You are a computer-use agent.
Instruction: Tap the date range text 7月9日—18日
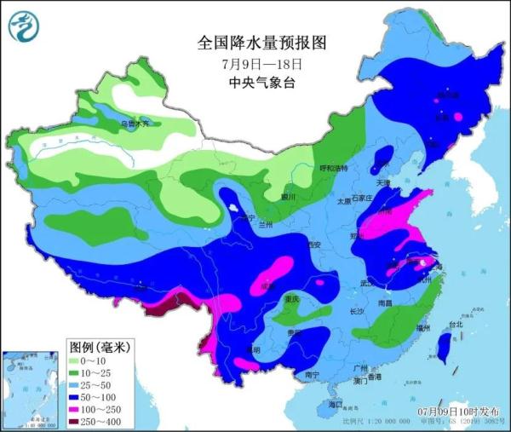[261, 64]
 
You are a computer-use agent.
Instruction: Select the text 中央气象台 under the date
[261, 83]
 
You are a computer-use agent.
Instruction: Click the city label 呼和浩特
[333, 168]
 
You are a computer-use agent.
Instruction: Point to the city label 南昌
[385, 302]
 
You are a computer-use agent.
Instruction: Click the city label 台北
[455, 325]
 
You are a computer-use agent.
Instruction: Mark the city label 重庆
[292, 299]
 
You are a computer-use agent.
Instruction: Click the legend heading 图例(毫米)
[98, 347]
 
